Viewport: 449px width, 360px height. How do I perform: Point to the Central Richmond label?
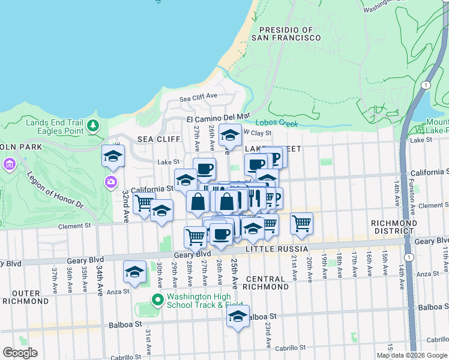(x=265, y=284)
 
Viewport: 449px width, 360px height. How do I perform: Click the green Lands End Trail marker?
(x=92, y=125)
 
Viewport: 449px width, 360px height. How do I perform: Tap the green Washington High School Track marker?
(x=158, y=299)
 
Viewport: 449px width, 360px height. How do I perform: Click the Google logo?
(x=20, y=353)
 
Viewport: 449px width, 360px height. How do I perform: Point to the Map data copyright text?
(x=412, y=355)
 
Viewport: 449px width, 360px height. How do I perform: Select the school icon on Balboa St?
(x=238, y=316)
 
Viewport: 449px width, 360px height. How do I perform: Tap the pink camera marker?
(x=111, y=182)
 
